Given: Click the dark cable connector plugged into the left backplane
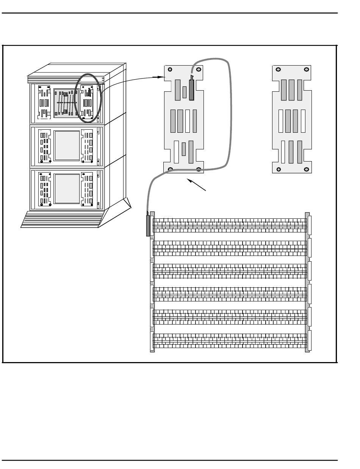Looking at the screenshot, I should pos(191,89).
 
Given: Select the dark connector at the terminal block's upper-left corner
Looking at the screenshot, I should pos(148,226).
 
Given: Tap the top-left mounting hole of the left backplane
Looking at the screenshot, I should pos(170,69).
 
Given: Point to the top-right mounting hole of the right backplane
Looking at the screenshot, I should pos(306,69).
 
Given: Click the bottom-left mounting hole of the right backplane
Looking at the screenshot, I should pos(279,169).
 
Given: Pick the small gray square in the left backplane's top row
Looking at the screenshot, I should pos(185,92).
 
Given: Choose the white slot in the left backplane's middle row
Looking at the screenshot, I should pos(188,121).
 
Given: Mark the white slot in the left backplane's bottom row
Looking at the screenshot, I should pos(176,152).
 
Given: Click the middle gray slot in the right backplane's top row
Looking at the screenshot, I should pos(291,90).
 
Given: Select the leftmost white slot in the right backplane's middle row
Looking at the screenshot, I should pos(281,121).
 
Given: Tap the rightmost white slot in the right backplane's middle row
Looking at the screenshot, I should pos(303,121).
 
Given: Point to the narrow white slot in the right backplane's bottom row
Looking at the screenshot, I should pos(283,152).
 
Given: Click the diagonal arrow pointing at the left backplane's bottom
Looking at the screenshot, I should pos(197,185).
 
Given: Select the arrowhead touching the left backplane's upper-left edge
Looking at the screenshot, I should pos(161,77).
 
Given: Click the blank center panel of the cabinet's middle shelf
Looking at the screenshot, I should pos(67,146).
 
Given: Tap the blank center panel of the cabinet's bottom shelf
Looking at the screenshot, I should pos(67,188).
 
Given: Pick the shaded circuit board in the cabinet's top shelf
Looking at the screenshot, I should pos(66,103).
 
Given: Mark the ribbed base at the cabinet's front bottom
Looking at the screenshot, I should pos(63,220).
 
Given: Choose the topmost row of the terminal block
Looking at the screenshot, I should pos(230,225).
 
